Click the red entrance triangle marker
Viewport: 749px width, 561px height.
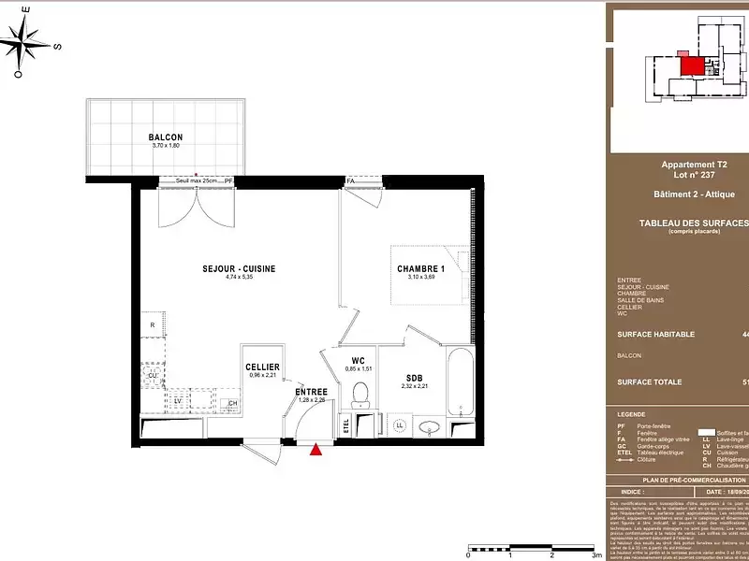coord(316,450)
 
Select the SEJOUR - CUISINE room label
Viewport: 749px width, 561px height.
coord(239,269)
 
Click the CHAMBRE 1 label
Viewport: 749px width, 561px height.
coord(420,269)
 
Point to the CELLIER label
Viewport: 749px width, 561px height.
coord(262,367)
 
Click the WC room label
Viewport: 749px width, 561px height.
coord(358,360)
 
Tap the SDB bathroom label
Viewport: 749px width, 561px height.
coord(415,378)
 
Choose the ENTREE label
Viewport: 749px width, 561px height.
coord(311,392)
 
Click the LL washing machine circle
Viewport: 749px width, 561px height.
coord(400,426)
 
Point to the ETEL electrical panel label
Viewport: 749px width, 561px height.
coord(345,425)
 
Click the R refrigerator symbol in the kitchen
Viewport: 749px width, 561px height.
coord(152,325)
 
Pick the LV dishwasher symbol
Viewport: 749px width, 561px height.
coord(178,400)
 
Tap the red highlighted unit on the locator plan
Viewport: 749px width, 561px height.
coord(692,65)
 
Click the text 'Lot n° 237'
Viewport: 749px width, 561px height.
coord(680,175)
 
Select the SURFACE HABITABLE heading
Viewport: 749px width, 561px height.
coord(655,334)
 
